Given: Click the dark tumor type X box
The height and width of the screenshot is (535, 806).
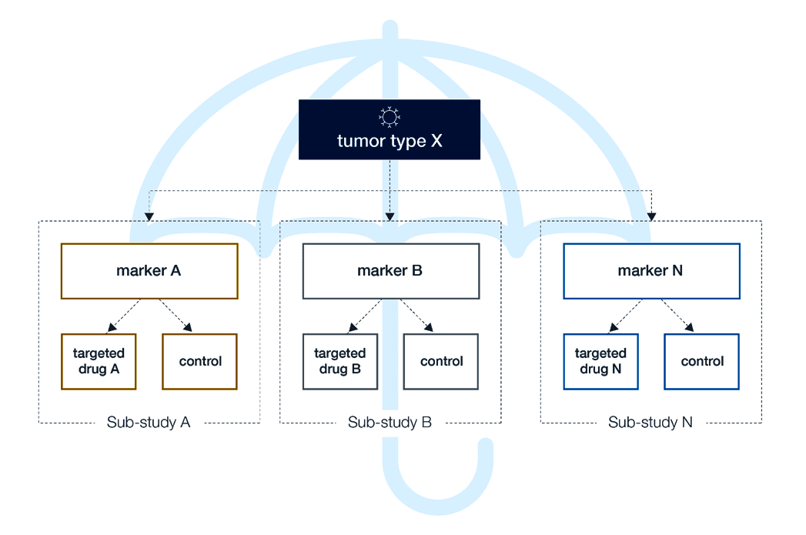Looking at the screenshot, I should pos(389,130).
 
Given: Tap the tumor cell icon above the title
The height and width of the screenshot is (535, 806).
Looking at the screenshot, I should pos(390,116).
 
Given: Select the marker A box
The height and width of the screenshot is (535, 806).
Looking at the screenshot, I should pos(149,271).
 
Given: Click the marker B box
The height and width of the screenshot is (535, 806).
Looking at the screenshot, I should pos(390,271).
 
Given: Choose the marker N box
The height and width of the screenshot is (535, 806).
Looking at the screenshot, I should pos(651,271).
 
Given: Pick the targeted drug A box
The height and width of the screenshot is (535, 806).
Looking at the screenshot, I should pos(99,361).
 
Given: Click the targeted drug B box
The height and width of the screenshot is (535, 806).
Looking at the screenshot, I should pos(339,361).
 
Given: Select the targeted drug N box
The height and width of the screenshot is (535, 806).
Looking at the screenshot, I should pos(600,361).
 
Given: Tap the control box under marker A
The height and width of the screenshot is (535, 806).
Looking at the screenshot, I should pos(200,361).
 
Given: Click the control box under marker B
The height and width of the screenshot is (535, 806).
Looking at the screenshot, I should pos(441,361).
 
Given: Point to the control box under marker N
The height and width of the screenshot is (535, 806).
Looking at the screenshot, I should pos(702,361).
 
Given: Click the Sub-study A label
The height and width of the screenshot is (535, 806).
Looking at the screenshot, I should pos(149,423).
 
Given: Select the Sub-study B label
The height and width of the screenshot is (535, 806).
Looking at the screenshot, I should pos(390,423).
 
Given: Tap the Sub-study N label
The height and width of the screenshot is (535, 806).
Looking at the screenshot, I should pos(650,423).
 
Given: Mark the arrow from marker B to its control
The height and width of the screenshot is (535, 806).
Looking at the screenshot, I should pos(416,316).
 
